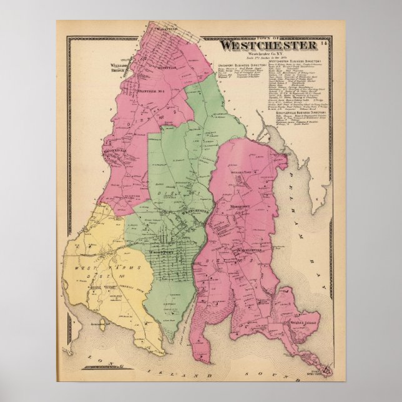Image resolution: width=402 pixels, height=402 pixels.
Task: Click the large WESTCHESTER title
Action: (x=267, y=46)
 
